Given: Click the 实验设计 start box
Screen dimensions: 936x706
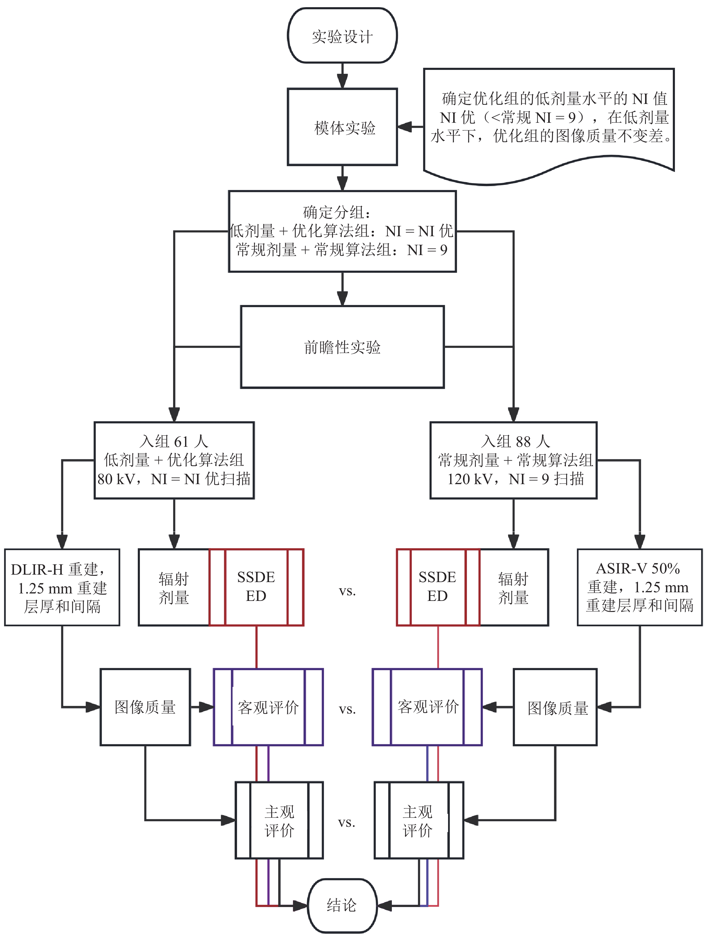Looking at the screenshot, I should point(342,36).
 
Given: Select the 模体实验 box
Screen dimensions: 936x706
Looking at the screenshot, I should point(342,127).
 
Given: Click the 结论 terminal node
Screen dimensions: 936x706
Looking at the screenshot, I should point(342,905).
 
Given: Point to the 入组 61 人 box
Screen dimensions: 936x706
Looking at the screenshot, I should point(174,460).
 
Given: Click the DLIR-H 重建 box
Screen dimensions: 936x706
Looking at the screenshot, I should point(62,587).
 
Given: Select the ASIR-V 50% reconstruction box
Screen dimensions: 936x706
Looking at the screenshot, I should point(640,587).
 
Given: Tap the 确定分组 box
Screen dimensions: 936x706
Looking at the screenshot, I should point(342,231).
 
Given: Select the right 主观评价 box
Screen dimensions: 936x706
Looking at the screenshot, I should point(418,821).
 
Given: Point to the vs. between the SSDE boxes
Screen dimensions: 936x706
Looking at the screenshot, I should point(347,591).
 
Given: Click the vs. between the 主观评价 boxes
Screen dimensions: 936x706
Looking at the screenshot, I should point(346,823).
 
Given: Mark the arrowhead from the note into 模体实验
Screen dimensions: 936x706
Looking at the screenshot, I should point(404,127).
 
